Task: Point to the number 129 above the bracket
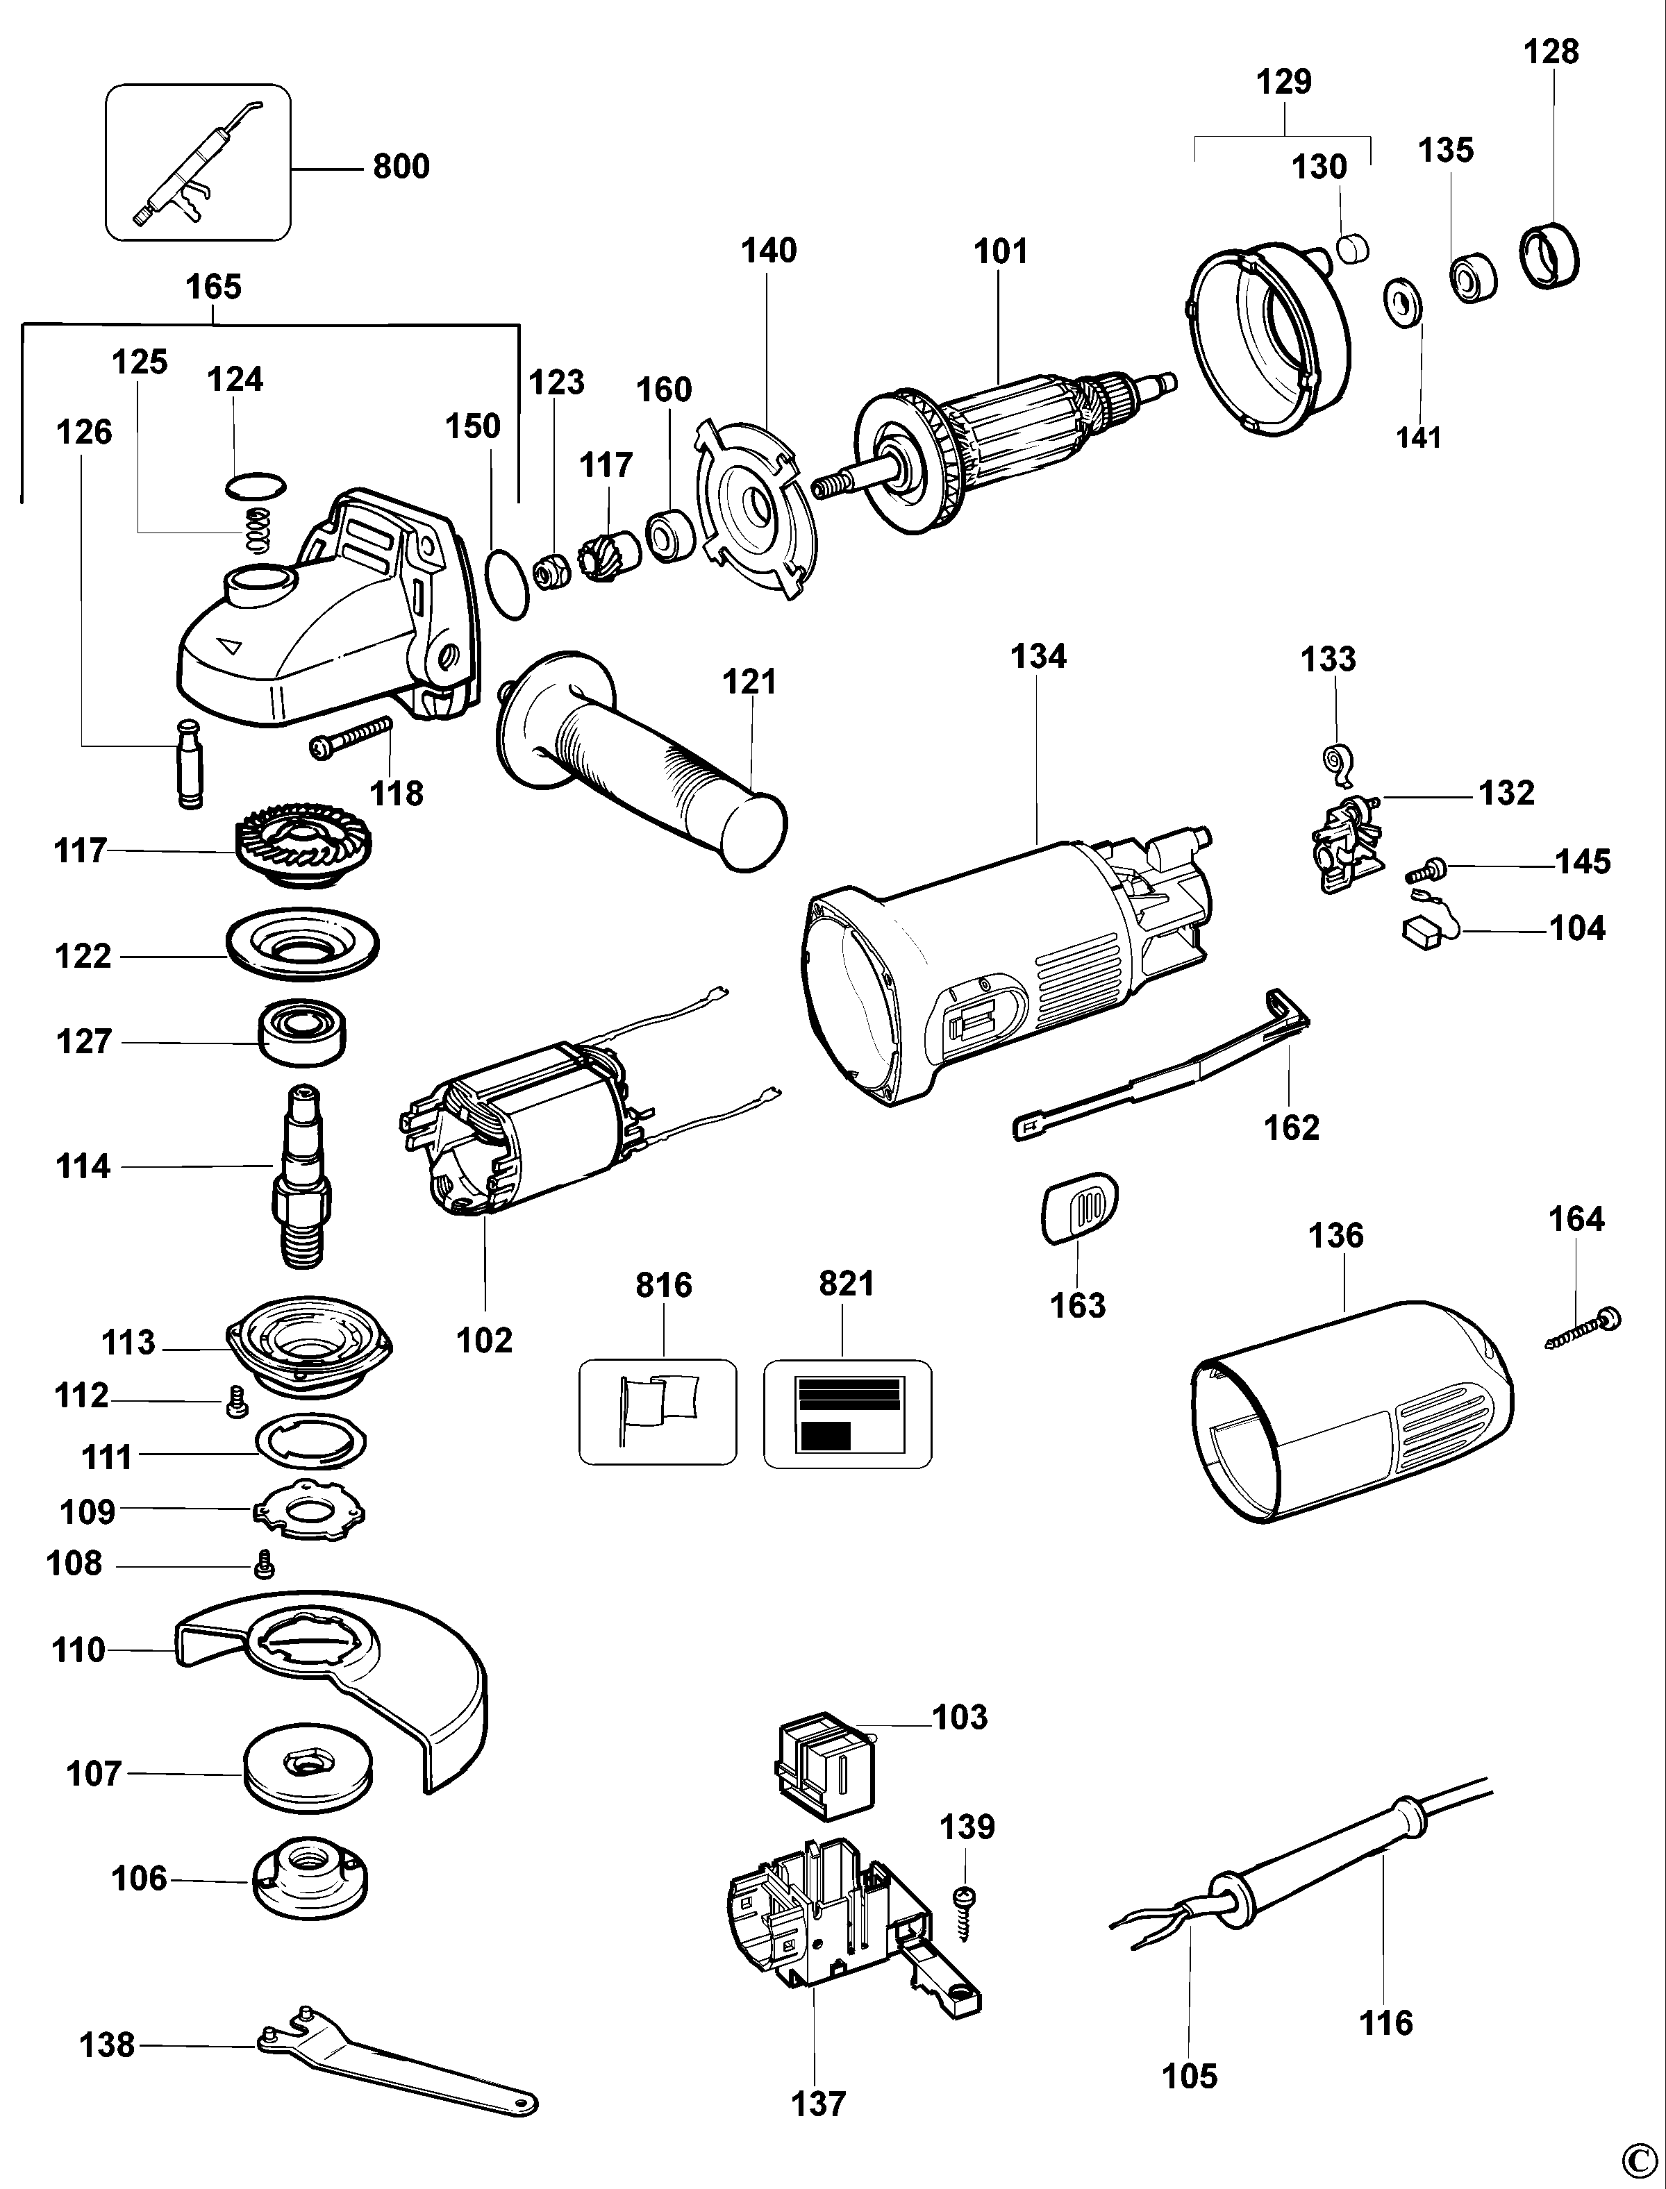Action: click(1284, 81)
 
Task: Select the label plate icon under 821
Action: click(848, 1413)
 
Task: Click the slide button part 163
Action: click(1079, 1207)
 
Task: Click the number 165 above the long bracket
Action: click(213, 287)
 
